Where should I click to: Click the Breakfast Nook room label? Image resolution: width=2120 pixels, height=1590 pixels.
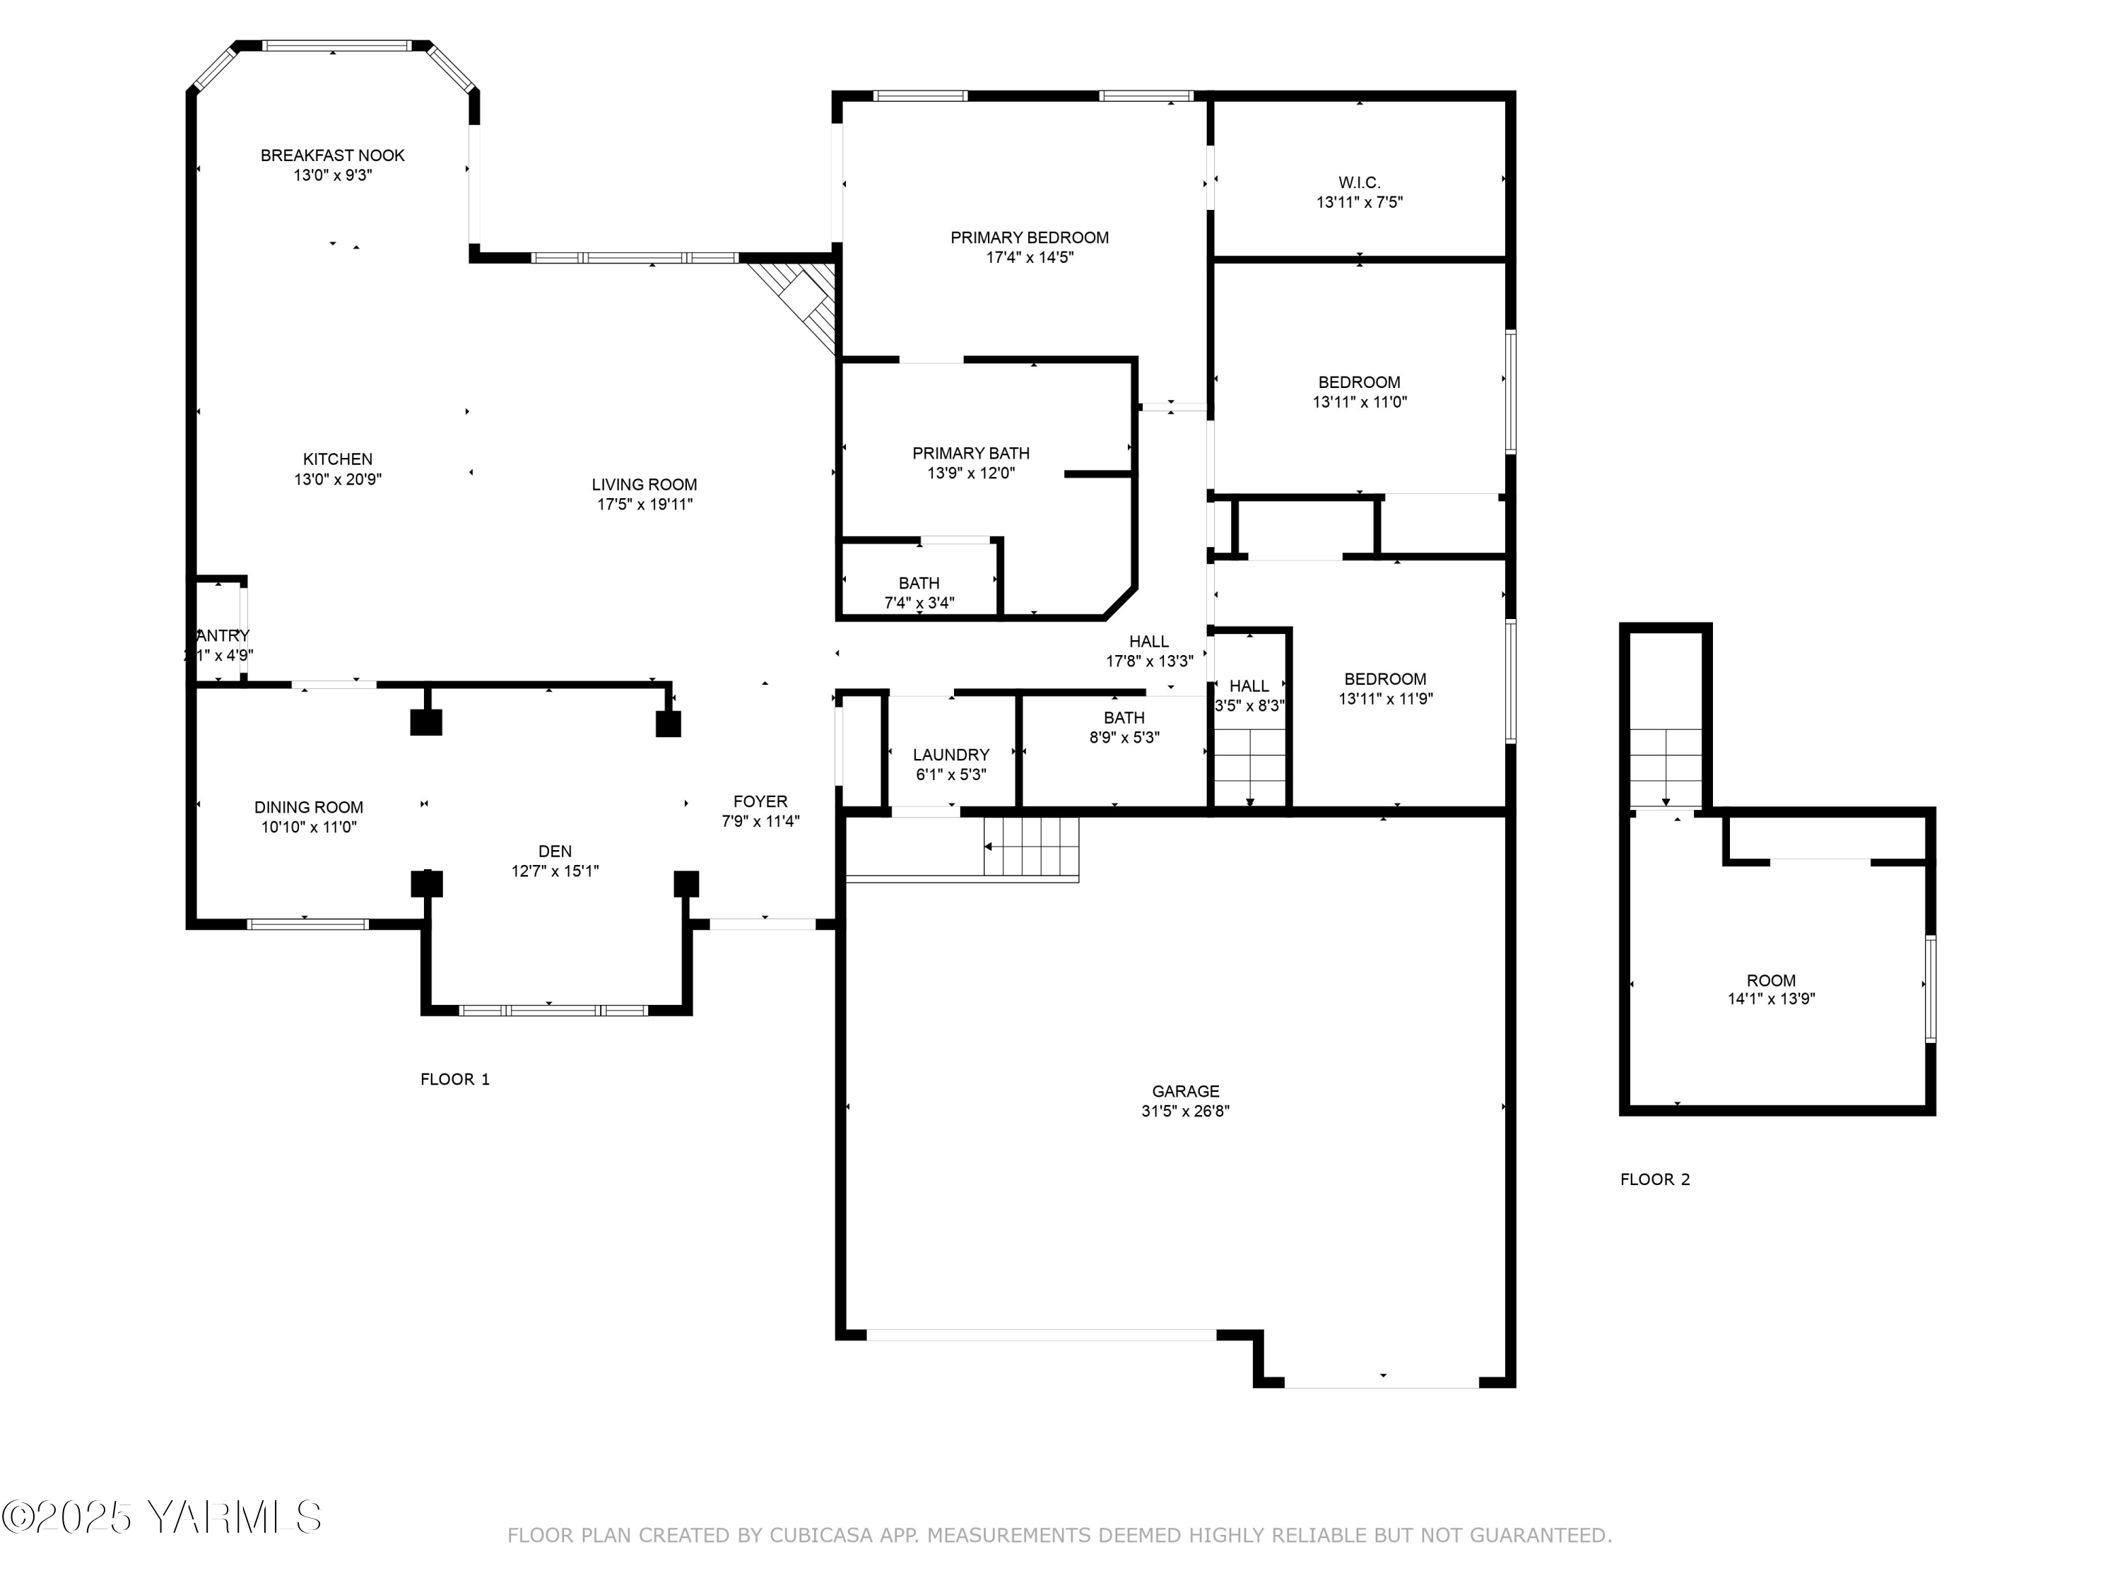tap(333, 155)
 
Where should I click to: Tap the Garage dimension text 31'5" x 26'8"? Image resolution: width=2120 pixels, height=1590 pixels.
tap(1186, 1112)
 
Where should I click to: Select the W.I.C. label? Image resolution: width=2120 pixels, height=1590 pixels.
tap(1359, 182)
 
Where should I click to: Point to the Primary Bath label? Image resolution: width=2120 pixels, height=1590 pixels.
tap(971, 454)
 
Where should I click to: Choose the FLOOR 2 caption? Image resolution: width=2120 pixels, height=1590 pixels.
tap(1655, 1180)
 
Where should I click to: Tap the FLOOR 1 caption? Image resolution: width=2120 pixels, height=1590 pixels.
tap(454, 1079)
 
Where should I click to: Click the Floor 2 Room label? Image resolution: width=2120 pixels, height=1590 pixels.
tap(1771, 980)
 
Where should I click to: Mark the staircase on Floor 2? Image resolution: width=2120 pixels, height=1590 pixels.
tap(1666, 767)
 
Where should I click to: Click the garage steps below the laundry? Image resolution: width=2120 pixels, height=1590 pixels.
tap(1031, 847)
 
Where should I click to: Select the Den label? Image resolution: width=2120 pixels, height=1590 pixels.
tap(555, 851)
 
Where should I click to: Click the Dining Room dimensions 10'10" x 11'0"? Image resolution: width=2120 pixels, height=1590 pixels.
tap(309, 827)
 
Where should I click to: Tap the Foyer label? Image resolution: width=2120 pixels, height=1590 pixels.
tap(760, 801)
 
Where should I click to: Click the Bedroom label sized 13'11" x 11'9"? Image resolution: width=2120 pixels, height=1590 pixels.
tap(1385, 678)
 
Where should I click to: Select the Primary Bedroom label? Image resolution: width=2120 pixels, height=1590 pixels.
tap(1030, 237)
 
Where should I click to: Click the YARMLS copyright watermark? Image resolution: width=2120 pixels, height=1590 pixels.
tap(163, 1517)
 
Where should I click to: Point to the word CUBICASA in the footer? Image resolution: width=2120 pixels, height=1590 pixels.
tap(820, 1536)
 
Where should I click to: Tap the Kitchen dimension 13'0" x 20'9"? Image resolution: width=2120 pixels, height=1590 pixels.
tap(337, 479)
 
